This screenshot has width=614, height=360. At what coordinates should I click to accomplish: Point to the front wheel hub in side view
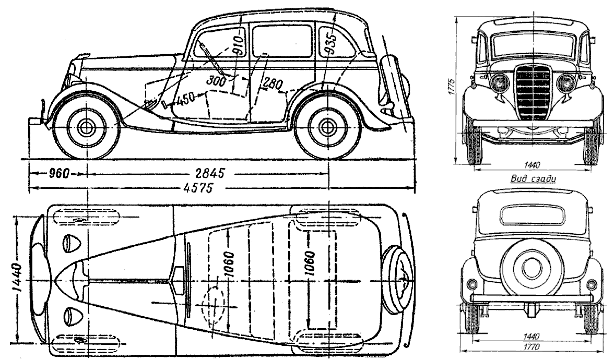tap(86, 127)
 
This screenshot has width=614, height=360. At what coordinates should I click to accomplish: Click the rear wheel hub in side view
tap(327, 127)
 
